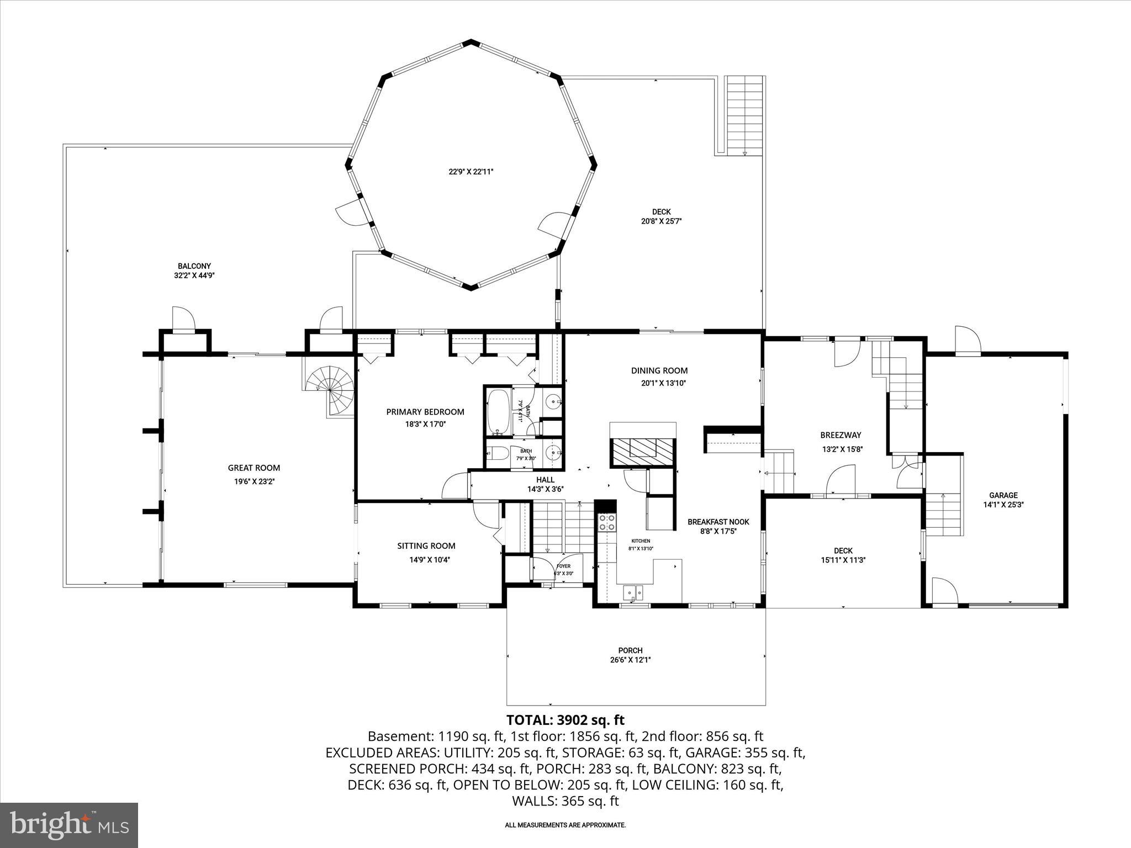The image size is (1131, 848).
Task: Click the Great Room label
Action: click(x=254, y=468)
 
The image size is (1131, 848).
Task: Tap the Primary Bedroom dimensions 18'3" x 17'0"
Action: click(x=425, y=424)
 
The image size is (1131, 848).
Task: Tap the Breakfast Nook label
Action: click(x=718, y=522)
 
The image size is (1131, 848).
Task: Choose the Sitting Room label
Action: click(x=426, y=545)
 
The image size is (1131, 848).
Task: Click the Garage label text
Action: click(x=1003, y=495)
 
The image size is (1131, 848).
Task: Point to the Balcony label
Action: click(x=194, y=266)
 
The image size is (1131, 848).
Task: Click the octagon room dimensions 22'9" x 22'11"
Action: click(x=471, y=172)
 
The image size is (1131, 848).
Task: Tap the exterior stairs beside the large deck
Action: click(x=744, y=116)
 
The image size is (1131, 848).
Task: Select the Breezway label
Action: click(x=841, y=435)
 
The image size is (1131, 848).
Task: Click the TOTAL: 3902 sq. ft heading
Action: click(x=565, y=720)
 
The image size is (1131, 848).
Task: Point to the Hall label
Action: click(x=545, y=480)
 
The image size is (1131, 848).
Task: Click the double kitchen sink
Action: click(x=633, y=593)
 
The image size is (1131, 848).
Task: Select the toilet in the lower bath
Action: click(x=498, y=453)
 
